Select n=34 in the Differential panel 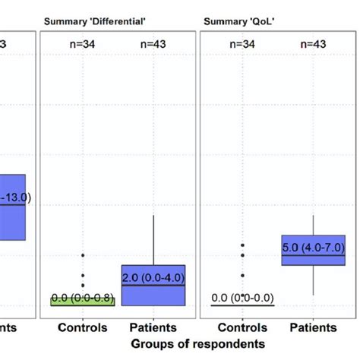point(83,45)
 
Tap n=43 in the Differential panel point(154,45)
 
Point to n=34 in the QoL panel point(242,45)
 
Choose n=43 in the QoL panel point(314,45)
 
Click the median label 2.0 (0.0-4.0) point(154,278)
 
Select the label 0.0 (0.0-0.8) point(83,297)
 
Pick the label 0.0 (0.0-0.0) point(242,298)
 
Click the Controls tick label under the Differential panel point(83,327)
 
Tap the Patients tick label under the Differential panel point(154,327)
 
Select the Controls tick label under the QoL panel point(242,327)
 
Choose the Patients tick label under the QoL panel point(314,327)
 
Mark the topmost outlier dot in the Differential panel point(83,254)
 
